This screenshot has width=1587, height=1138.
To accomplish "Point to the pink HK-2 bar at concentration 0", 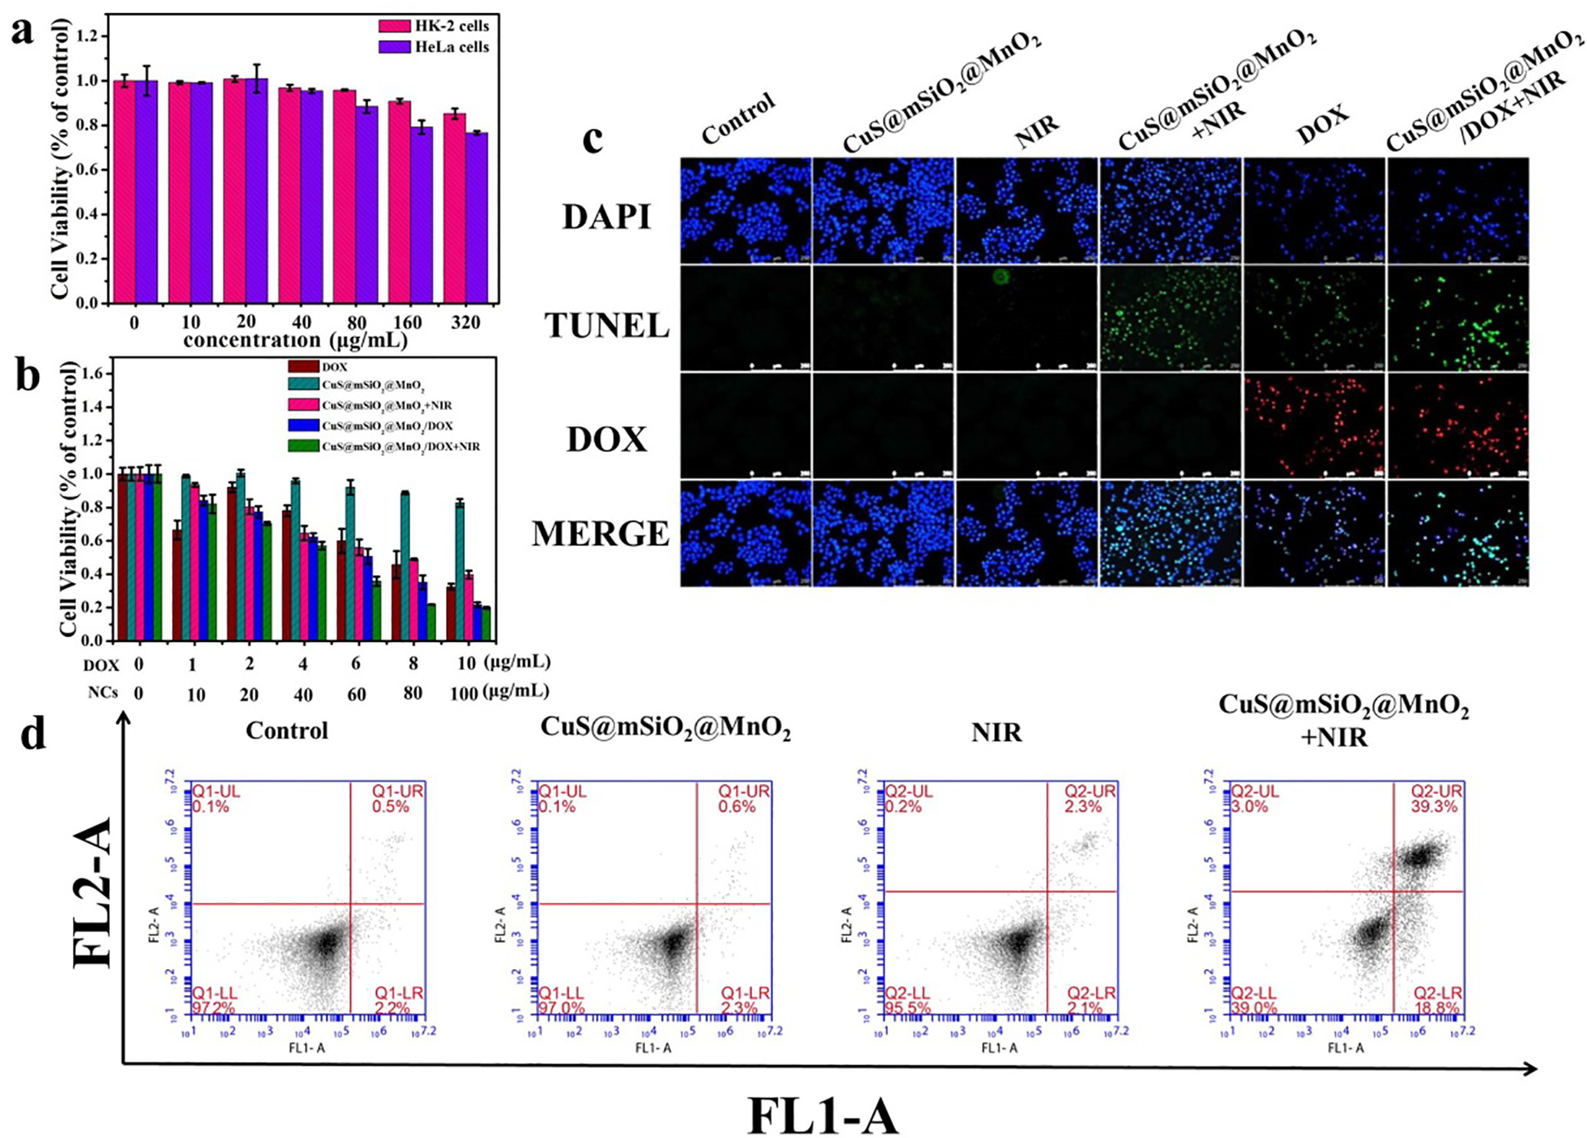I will click(x=124, y=192).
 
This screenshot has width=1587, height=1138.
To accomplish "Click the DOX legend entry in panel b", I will click(x=334, y=367).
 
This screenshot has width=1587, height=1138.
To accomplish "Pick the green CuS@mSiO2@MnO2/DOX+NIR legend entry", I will click(x=400, y=446).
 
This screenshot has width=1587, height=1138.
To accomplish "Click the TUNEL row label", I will click(x=607, y=326).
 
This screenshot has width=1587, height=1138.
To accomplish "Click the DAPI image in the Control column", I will click(x=746, y=211).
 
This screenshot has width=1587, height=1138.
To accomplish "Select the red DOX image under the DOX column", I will click(x=1314, y=425).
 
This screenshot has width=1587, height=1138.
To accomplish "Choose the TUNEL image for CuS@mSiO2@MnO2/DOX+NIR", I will click(x=1458, y=319).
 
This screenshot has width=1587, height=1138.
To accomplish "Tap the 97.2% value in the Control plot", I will click(x=216, y=1007).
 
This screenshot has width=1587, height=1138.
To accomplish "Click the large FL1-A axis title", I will click(x=823, y=1115).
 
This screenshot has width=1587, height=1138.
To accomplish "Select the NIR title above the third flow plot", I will click(x=997, y=733).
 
